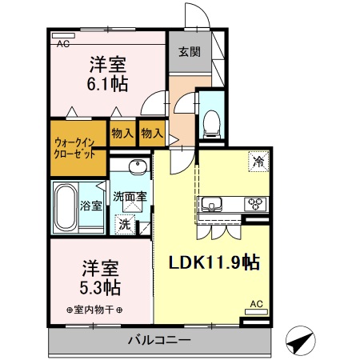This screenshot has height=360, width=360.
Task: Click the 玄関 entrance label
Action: pos(189,53)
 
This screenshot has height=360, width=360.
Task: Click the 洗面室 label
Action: pos(129,196)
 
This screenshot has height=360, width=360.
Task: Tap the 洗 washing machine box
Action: pos(124,224)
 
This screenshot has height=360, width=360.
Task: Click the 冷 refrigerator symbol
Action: pos(258,160)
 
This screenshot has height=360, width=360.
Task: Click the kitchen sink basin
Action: pos(213,202)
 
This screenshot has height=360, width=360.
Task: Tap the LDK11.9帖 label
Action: pos(213,262)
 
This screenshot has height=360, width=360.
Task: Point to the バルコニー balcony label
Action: pos(159,341)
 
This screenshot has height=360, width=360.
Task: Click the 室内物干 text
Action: pos(94,310)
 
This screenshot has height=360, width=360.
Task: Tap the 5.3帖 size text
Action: pos(102,286)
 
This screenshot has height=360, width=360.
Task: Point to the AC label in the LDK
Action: pos(257,303)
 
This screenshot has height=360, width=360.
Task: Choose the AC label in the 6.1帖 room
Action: pos(62,44)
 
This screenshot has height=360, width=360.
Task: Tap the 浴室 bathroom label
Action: pos(91,206)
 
